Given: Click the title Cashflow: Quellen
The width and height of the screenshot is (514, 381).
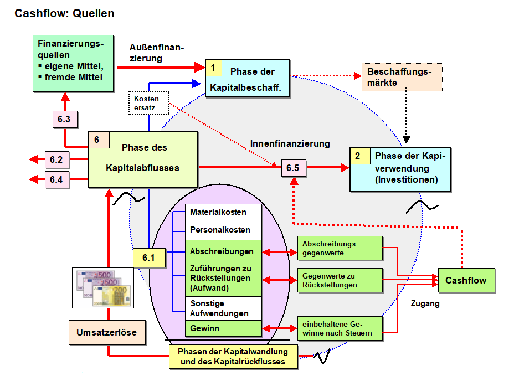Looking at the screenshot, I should point(65,13).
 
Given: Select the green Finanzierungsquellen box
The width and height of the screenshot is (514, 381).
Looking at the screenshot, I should point(73,63).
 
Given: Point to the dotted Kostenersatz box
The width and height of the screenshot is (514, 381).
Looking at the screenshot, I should point(148,102).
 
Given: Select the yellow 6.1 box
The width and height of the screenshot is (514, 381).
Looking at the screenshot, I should point(149,257).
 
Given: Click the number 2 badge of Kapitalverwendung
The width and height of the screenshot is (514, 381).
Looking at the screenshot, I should point(358,156).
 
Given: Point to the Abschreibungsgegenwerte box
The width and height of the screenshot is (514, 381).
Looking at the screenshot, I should point(340,248).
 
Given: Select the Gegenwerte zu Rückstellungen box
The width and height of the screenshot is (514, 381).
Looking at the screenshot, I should point(340,280).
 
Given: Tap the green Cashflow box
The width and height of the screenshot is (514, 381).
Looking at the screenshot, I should point(466,280).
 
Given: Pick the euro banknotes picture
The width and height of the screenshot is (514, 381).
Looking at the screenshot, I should point(103,288).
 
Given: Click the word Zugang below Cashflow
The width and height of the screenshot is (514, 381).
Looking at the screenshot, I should point(425,303).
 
